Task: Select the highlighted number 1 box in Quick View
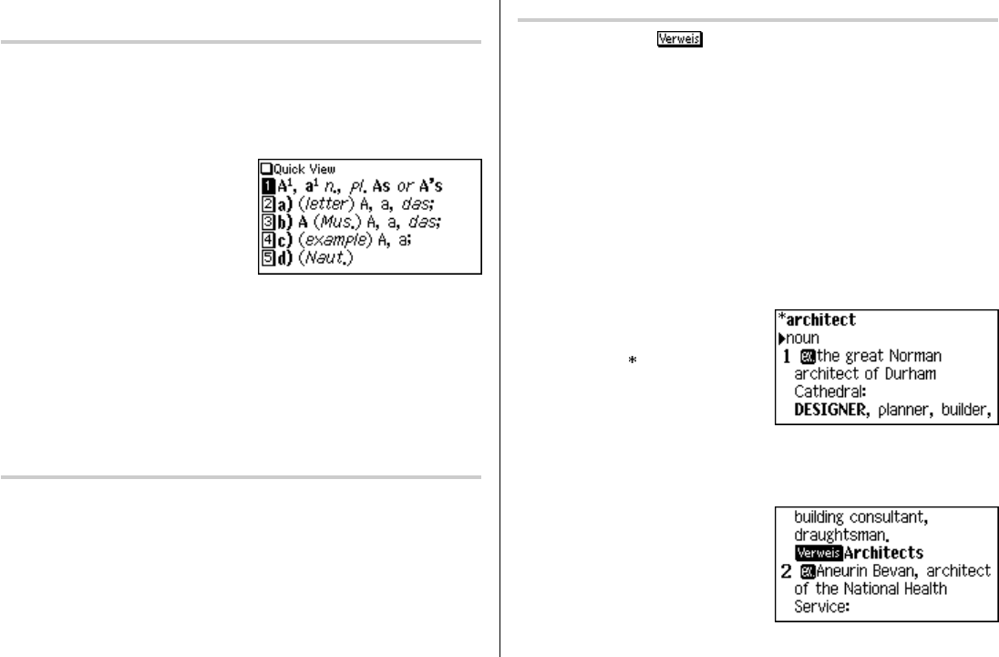265,185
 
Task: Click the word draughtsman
838,536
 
